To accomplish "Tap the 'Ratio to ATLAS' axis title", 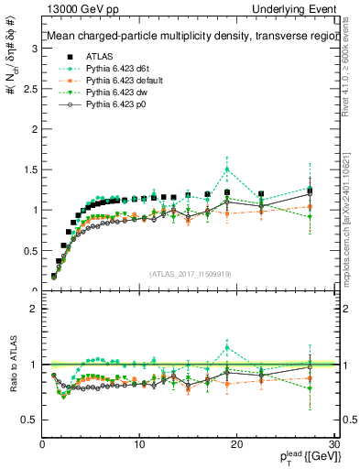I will (12, 364).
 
